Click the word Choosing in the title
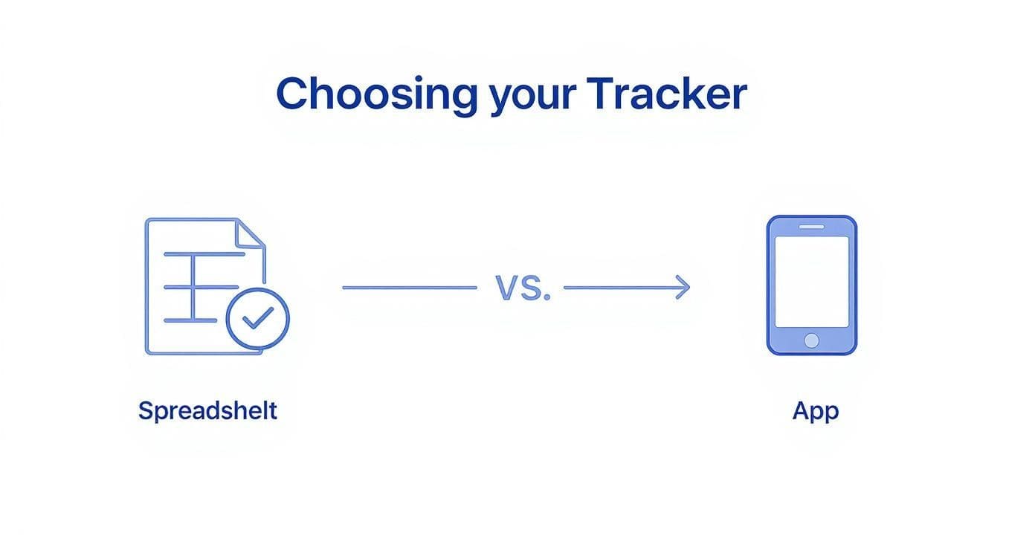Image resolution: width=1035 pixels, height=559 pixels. tap(376, 95)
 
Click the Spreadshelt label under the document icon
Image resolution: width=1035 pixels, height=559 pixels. tap(207, 411)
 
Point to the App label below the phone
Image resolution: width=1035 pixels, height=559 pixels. tap(816, 411)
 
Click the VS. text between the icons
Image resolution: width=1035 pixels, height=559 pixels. tap(523, 288)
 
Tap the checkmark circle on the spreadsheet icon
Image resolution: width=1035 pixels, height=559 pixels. tap(257, 318)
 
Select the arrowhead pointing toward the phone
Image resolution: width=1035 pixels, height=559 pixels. tap(683, 287)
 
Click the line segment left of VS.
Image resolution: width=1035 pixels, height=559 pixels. tap(409, 287)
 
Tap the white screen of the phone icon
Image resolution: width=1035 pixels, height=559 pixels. tap(812, 282)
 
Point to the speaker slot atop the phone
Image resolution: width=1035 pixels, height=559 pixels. tap(812, 226)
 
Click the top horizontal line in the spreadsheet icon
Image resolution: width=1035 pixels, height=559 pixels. tap(204, 254)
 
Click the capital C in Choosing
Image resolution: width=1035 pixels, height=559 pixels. tap(293, 94)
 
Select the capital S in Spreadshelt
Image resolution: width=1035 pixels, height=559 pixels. tap(146, 410)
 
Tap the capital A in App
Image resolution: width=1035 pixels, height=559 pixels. tap(801, 410)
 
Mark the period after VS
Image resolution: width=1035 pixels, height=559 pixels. tap(547, 297)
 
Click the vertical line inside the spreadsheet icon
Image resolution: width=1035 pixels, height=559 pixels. tap(193, 287)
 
